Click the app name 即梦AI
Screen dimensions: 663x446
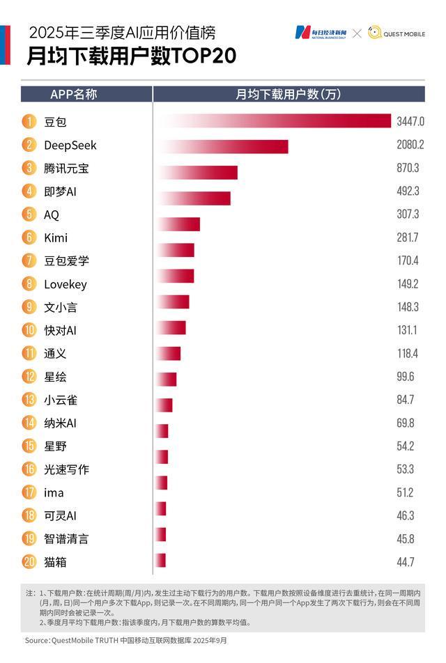click(x=59, y=192)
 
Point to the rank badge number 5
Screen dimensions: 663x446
click(x=29, y=214)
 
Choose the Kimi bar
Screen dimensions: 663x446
click(x=179, y=224)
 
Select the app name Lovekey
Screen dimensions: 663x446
click(x=65, y=284)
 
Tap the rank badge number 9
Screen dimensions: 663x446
click(x=29, y=307)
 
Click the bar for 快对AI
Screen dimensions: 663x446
click(x=171, y=328)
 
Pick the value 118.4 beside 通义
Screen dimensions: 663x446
click(x=408, y=354)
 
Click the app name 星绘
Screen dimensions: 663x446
click(x=55, y=377)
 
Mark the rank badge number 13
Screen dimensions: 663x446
click(x=29, y=400)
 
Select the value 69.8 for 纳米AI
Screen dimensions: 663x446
click(x=406, y=423)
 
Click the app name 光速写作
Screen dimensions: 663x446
click(x=66, y=469)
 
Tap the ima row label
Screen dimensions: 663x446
click(x=54, y=492)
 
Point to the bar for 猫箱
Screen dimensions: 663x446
click(x=161, y=561)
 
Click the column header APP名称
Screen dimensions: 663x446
click(x=73, y=94)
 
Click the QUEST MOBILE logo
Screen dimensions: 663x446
click(x=396, y=33)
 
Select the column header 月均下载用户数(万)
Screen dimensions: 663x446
click(x=289, y=94)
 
